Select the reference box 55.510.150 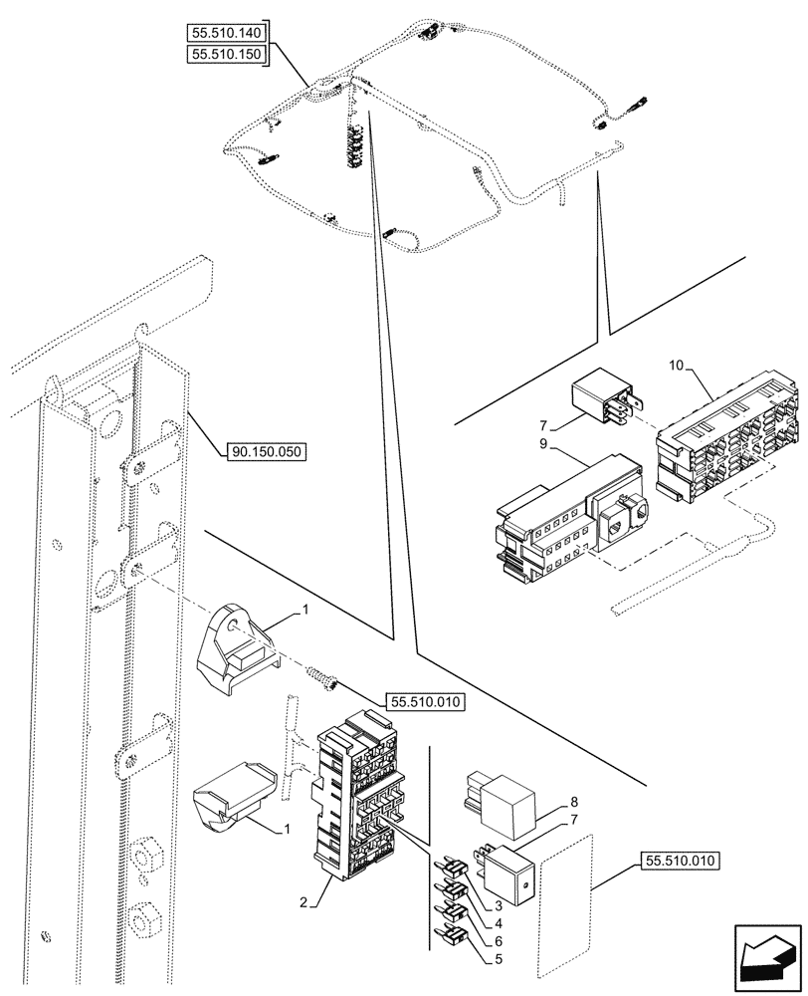tap(227, 56)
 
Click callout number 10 tap(676, 367)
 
